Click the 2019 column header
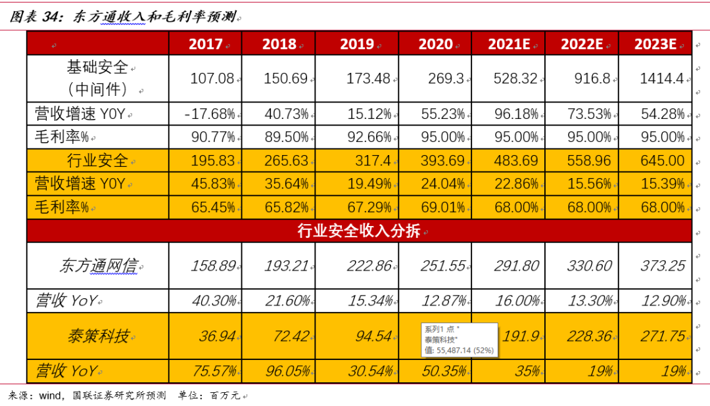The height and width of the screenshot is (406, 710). [x=357, y=44]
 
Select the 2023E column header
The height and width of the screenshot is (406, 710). [x=655, y=44]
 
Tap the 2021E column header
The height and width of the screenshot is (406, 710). [x=509, y=44]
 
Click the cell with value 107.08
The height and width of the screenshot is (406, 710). [x=212, y=79]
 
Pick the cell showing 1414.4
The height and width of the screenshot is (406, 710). [x=662, y=79]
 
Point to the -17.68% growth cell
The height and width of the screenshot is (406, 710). [x=210, y=114]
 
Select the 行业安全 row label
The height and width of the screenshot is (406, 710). [x=98, y=161]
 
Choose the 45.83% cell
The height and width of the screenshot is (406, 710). [x=212, y=184]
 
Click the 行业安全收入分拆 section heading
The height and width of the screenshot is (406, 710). [x=359, y=231]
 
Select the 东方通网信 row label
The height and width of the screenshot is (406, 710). [x=98, y=266]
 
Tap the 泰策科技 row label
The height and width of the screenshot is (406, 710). [x=98, y=336]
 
